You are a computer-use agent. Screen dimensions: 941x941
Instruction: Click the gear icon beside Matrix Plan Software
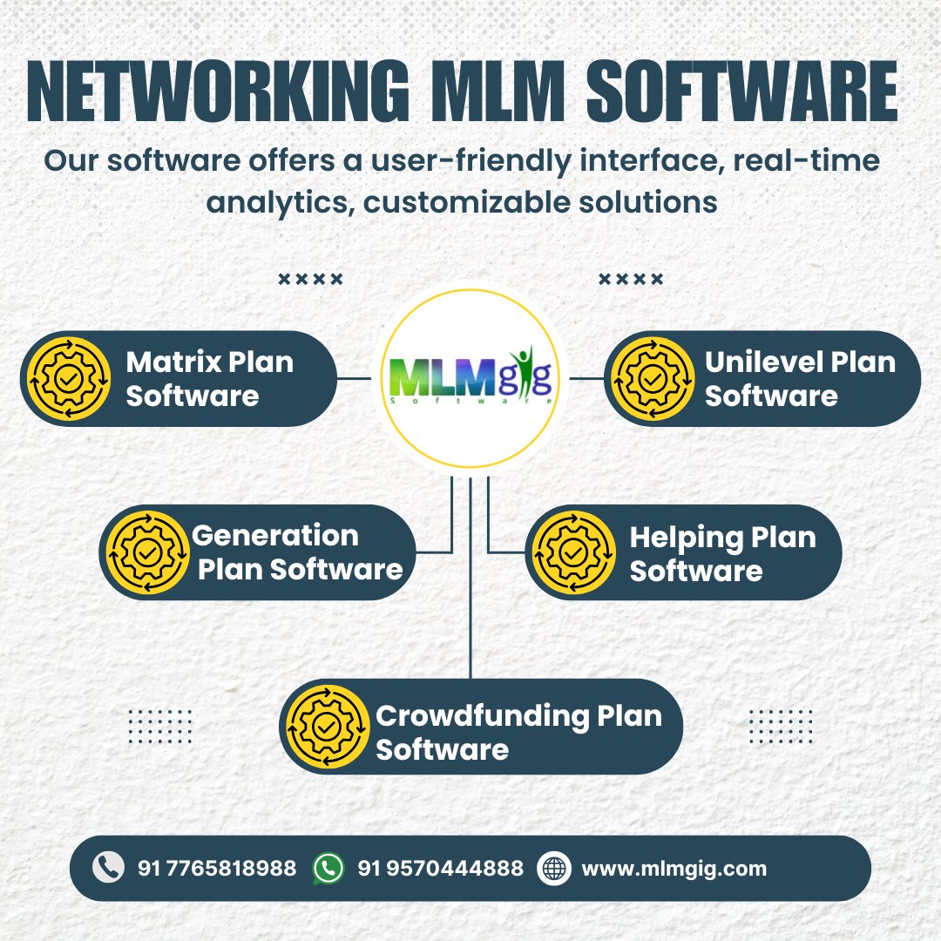click(66, 379)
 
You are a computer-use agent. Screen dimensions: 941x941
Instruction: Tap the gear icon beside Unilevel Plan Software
click(651, 379)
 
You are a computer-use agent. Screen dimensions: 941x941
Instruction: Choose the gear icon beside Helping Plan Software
click(573, 552)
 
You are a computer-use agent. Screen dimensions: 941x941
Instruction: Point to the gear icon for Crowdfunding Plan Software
click(328, 727)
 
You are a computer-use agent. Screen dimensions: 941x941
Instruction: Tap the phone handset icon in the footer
click(108, 868)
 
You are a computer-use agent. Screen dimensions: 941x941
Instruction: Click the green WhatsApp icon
click(328, 868)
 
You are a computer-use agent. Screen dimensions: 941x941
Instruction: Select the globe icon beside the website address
click(553, 868)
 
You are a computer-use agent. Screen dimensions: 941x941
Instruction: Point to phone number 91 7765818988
click(217, 869)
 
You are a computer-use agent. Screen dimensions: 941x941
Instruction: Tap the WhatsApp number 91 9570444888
click(441, 869)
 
